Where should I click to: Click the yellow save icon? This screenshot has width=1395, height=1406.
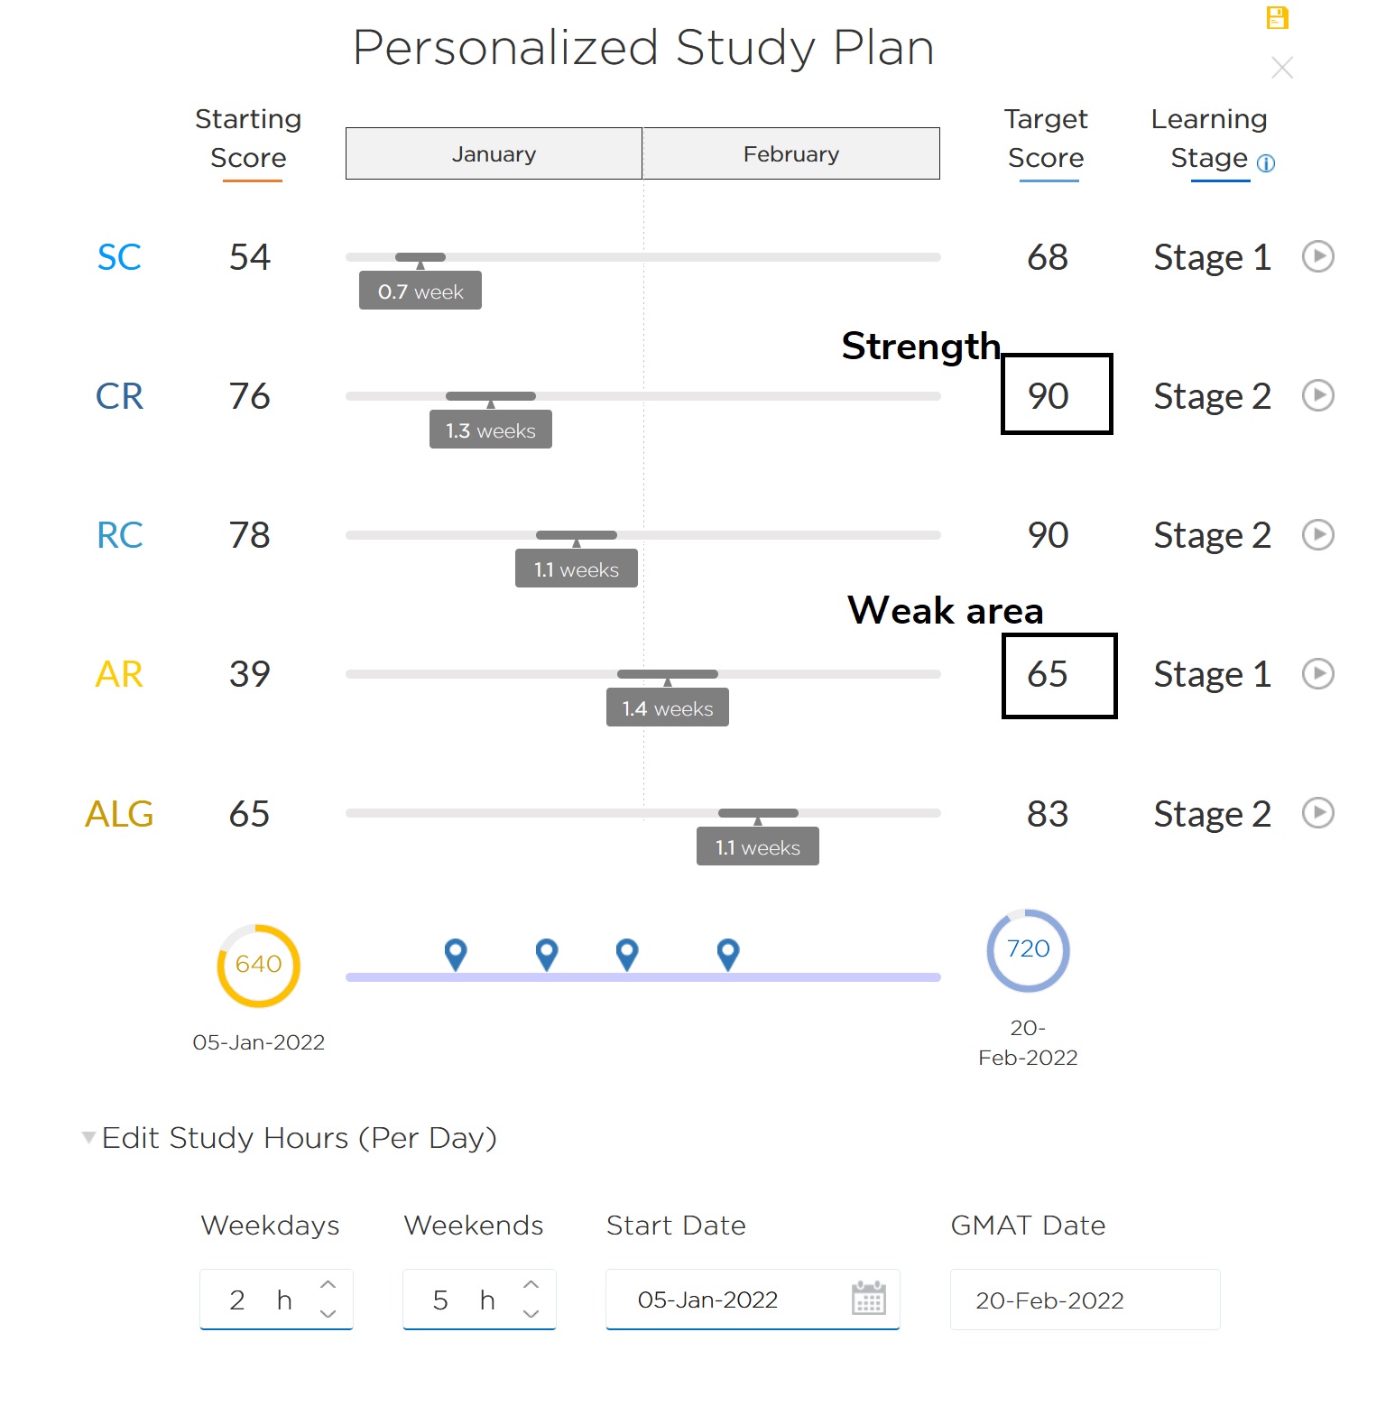[1277, 17]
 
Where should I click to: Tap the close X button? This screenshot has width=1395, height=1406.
[1281, 68]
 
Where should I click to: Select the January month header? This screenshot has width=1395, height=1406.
[494, 153]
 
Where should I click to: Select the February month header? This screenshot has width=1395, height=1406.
[790, 153]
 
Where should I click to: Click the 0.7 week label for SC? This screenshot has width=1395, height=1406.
[420, 291]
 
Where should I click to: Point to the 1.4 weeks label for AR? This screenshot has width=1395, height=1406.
[668, 708]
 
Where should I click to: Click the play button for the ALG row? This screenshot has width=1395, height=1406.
[1318, 812]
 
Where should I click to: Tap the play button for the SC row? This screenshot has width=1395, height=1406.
[1318, 256]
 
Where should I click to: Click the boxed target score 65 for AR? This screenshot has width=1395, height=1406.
[1058, 675]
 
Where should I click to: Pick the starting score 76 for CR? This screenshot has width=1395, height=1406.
[249, 396]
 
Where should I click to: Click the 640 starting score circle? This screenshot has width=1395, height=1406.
[258, 965]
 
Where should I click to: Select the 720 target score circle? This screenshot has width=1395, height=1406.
[1028, 949]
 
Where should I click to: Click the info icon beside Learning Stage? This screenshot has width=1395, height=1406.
[1266, 163]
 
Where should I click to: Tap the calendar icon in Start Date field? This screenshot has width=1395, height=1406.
[868, 1299]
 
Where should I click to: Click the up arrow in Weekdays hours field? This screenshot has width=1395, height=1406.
[328, 1284]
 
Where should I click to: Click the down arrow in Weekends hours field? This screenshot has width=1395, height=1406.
[531, 1314]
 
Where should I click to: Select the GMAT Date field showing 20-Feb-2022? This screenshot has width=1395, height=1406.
[1084, 1300]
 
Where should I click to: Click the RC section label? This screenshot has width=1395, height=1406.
[119, 535]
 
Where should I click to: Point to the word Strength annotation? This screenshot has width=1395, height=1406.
[920, 346]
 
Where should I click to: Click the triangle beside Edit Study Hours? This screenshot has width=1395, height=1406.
[88, 1137]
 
